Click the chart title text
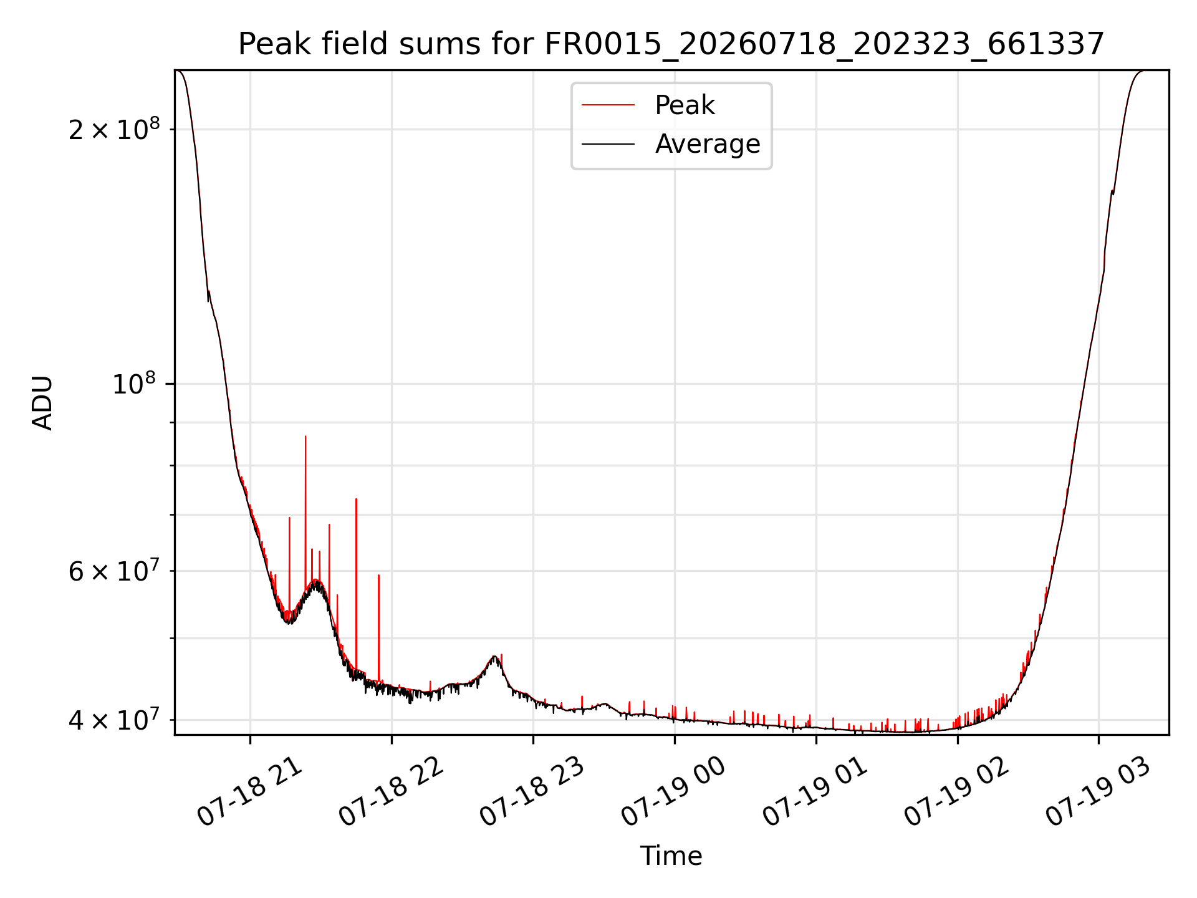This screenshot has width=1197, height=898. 671,44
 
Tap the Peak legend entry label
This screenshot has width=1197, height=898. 685,105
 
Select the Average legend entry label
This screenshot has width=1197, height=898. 708,144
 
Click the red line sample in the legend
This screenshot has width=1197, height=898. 608,105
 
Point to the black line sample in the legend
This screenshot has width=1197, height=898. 608,144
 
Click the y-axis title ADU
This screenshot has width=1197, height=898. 42,402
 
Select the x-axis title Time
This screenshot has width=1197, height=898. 671,856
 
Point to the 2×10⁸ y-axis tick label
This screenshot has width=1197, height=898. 114,129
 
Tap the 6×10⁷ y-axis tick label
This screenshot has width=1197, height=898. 114,570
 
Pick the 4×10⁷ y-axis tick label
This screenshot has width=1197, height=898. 114,720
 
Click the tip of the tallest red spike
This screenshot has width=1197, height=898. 305,437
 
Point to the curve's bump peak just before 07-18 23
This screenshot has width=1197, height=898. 494,656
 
